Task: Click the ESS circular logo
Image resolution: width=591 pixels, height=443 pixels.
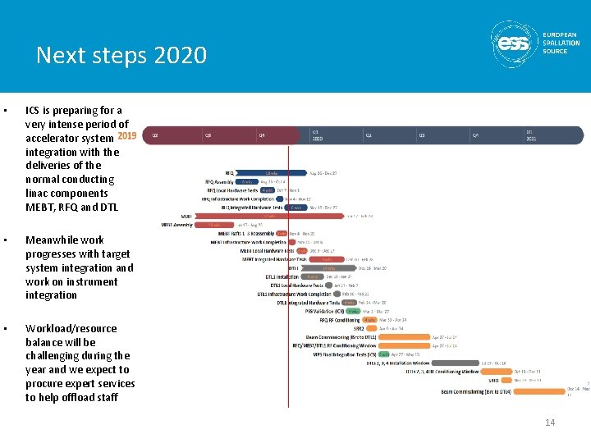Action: point(515,43)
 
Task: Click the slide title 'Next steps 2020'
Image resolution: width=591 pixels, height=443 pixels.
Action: point(121,56)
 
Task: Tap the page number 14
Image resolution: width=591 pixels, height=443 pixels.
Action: point(550,422)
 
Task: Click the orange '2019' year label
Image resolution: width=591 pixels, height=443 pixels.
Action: point(127,135)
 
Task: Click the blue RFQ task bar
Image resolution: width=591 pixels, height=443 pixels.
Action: point(272,173)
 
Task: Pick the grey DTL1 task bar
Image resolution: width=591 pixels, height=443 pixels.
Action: point(328,267)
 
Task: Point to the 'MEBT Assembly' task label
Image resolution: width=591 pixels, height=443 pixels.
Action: point(177,224)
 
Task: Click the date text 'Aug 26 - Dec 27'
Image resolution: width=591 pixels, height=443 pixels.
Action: point(323,173)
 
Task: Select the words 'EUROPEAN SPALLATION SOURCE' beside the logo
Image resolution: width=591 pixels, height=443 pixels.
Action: point(561,43)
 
